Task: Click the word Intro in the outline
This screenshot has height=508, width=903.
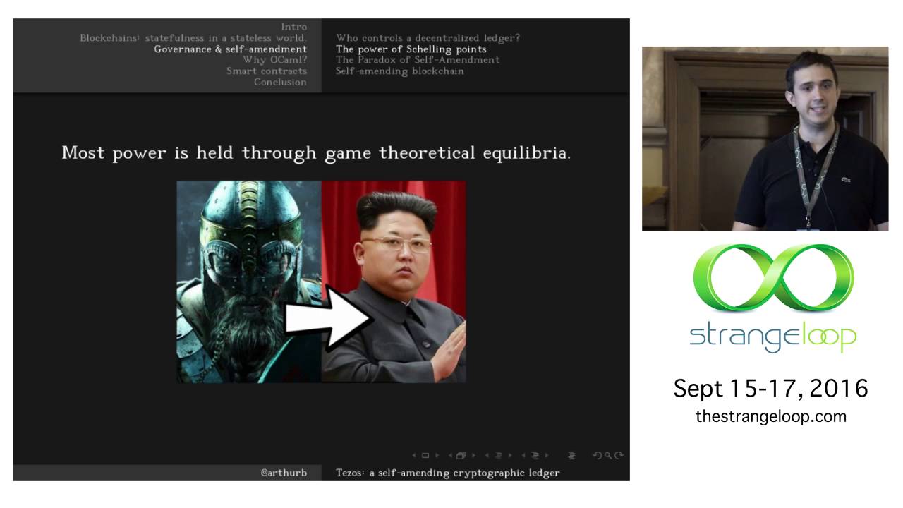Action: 293,27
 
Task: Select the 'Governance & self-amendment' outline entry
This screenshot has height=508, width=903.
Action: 230,49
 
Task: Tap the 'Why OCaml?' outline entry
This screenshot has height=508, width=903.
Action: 274,60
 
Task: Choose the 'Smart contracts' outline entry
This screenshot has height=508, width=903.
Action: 267,71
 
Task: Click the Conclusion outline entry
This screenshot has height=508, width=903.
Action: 280,82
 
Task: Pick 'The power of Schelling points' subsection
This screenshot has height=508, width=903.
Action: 411,49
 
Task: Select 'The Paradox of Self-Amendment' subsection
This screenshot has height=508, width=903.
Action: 417,60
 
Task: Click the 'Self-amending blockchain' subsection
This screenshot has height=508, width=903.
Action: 399,71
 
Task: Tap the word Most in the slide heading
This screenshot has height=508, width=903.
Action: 84,152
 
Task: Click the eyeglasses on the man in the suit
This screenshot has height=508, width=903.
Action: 396,246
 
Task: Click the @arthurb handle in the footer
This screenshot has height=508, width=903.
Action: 284,473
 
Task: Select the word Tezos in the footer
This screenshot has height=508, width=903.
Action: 351,473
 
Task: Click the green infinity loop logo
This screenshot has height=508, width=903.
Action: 773,279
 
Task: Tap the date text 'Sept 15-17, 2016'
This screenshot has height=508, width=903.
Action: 770,388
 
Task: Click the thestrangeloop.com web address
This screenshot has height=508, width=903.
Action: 770,416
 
